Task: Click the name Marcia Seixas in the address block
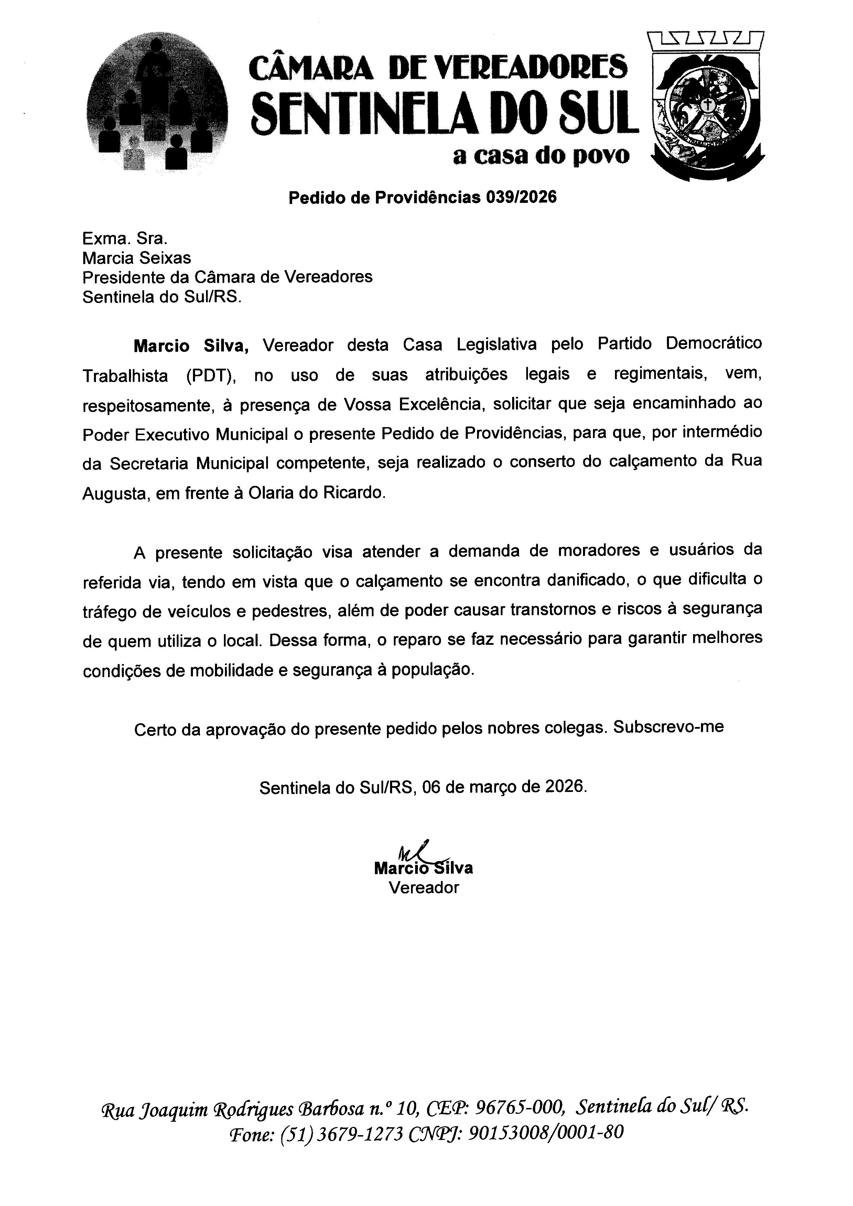pyautogui.click(x=137, y=258)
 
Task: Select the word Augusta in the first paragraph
pyautogui.click(x=114, y=494)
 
